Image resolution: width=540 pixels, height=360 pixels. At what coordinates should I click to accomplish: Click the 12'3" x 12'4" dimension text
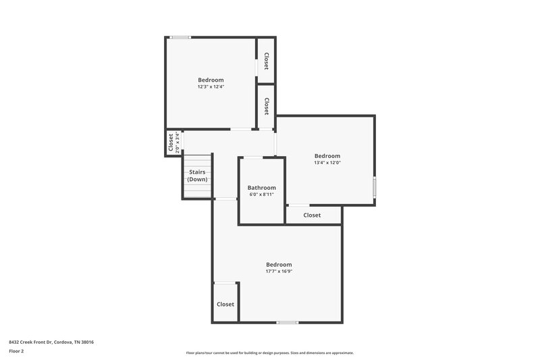click(x=211, y=87)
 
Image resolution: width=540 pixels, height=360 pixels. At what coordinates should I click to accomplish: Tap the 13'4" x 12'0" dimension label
click(x=327, y=163)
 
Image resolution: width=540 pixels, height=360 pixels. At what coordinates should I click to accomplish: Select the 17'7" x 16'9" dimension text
click(x=279, y=272)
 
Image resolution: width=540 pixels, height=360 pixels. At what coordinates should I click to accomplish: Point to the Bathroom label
click(x=261, y=188)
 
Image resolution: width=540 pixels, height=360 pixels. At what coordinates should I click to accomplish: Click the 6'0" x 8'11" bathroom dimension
click(x=261, y=195)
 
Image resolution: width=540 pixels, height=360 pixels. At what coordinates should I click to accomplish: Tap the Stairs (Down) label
click(x=197, y=176)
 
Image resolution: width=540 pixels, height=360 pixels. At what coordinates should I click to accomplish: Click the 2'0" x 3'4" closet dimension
click(x=178, y=143)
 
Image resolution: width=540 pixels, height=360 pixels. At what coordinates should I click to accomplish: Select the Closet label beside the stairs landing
click(x=170, y=143)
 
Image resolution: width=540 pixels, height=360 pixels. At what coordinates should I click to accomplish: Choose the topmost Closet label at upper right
click(x=267, y=61)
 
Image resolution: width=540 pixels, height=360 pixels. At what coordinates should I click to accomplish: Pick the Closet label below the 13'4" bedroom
click(x=312, y=215)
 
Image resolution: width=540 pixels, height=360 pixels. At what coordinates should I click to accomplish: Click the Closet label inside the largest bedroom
click(x=225, y=305)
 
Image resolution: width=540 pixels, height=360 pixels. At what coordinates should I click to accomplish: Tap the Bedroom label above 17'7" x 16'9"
click(x=279, y=264)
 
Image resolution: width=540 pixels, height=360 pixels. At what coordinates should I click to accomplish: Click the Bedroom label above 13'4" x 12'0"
click(x=327, y=156)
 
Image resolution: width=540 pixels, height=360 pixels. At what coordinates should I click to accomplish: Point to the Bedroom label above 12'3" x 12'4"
click(x=211, y=80)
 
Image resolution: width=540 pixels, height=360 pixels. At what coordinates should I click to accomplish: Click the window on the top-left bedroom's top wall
click(x=180, y=37)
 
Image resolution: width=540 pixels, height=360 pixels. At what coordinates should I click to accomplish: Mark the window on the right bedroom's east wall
click(x=375, y=187)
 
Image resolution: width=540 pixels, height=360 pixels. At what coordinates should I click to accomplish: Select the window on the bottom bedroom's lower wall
click(x=288, y=322)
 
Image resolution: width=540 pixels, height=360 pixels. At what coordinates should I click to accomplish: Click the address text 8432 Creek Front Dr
click(x=51, y=342)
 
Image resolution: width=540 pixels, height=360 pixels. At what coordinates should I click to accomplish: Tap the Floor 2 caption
click(x=16, y=351)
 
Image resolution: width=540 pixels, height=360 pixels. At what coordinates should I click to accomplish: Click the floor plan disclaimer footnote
click(x=270, y=353)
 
